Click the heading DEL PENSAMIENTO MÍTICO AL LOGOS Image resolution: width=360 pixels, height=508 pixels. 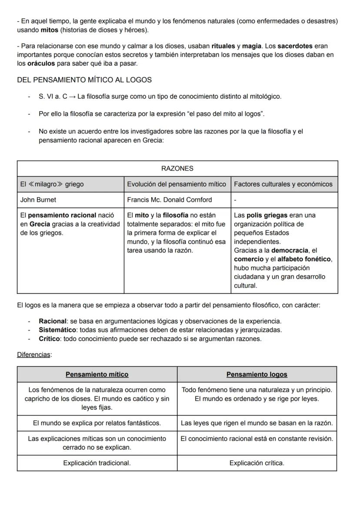pyautogui.click(x=84, y=80)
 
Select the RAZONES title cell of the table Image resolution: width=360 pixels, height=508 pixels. pyautogui.click(x=177, y=169)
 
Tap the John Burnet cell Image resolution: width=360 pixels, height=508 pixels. pyautogui.click(x=38, y=200)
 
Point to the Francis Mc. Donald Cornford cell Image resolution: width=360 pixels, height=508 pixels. pyautogui.click(x=170, y=200)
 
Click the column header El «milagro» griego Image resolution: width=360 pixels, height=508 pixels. pyautogui.click(x=52, y=184)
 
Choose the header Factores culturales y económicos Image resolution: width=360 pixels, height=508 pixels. pyautogui.click(x=283, y=184)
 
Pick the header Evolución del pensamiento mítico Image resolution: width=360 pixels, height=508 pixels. pyautogui.click(x=177, y=184)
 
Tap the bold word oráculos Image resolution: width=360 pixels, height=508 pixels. pyautogui.click(x=41, y=63)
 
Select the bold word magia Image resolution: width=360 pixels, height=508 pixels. pyautogui.click(x=251, y=46)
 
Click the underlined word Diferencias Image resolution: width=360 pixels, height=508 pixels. pyautogui.click(x=33, y=355)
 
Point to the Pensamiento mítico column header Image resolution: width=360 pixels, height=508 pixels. pyautogui.click(x=97, y=374)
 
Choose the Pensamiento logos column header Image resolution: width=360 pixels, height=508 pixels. pyautogui.click(x=257, y=374)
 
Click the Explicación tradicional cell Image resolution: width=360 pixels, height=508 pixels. pyautogui.click(x=97, y=463)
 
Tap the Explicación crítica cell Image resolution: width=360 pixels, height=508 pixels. pyautogui.click(x=257, y=463)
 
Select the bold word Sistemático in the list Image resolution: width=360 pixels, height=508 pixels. pyautogui.click(x=56, y=330)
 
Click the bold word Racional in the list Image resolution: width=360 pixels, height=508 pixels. pyautogui.click(x=53, y=321)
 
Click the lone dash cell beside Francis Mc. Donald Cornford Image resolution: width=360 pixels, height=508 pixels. pyautogui.click(x=235, y=200)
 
